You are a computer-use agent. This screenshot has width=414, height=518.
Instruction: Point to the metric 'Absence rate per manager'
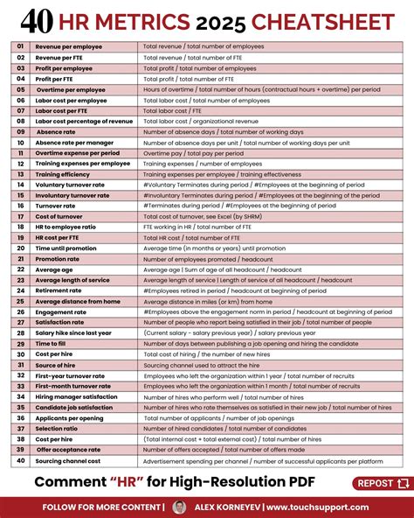click(x=74, y=142)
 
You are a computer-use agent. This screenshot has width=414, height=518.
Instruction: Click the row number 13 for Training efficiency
click(x=19, y=174)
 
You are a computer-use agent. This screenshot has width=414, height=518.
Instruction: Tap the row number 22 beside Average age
click(x=19, y=269)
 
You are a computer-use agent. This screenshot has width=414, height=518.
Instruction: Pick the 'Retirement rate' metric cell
click(x=59, y=290)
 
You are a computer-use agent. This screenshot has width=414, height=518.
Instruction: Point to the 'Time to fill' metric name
click(x=53, y=343)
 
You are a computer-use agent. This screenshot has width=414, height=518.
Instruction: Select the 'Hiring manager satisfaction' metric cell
click(x=79, y=396)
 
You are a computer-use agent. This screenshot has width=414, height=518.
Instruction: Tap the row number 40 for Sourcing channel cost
click(x=19, y=460)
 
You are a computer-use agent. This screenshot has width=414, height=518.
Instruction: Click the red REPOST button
click(x=382, y=483)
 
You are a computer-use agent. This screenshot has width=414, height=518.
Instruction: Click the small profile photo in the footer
click(x=179, y=507)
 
